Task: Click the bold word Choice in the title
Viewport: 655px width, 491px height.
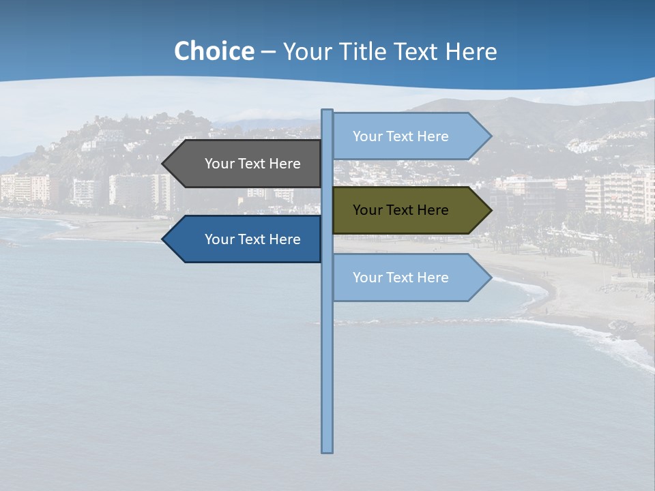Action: click(214, 52)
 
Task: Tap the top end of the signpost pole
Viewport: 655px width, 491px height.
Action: click(327, 111)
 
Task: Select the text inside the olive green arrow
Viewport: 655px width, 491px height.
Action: click(401, 210)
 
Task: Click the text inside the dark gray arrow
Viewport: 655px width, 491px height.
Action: click(252, 164)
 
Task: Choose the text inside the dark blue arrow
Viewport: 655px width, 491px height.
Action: click(252, 239)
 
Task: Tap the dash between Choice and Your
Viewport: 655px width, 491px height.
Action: click(268, 53)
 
